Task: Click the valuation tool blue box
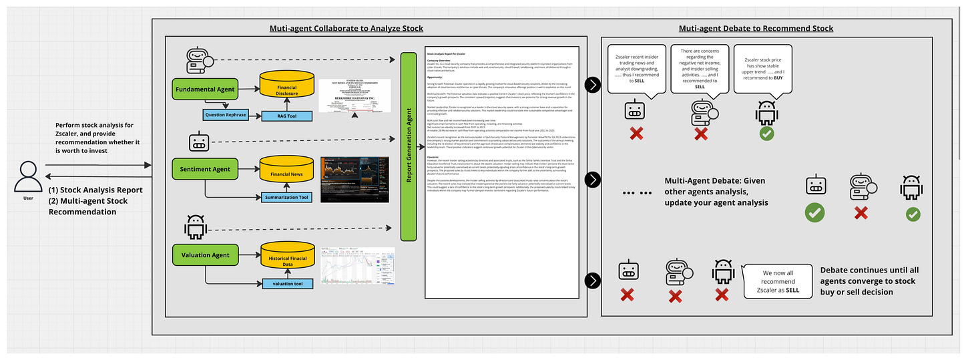click(x=287, y=284)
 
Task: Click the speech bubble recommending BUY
click(x=762, y=68)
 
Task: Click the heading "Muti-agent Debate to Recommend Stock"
click(x=756, y=28)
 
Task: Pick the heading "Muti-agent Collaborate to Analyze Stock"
click(x=346, y=28)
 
